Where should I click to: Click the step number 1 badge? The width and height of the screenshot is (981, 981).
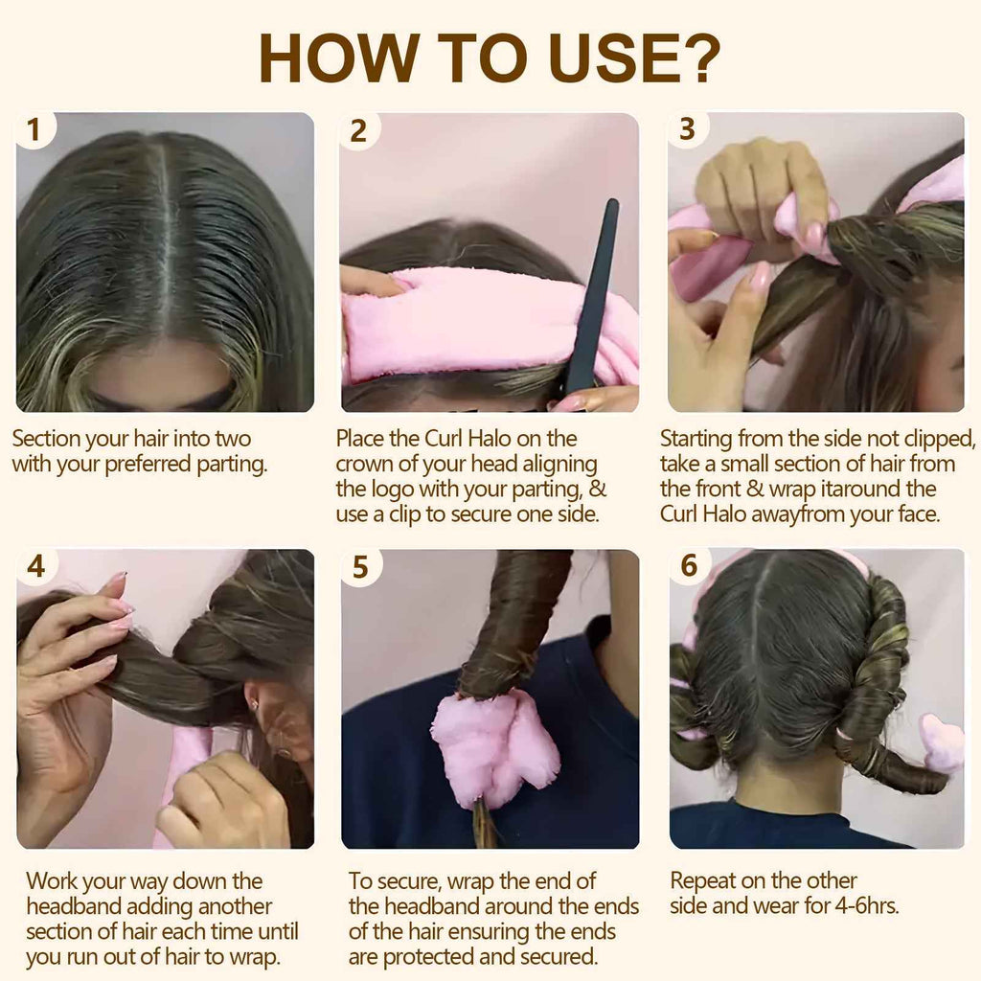[x=34, y=129]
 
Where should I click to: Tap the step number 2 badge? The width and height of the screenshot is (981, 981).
[x=358, y=130]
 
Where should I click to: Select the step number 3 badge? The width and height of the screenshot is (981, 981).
[x=687, y=129]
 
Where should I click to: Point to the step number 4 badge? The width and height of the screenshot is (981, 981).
[x=35, y=566]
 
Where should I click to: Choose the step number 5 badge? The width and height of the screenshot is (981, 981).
[x=360, y=567]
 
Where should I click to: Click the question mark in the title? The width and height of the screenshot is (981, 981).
[x=702, y=58]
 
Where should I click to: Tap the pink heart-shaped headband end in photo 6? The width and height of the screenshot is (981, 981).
[x=941, y=742]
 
